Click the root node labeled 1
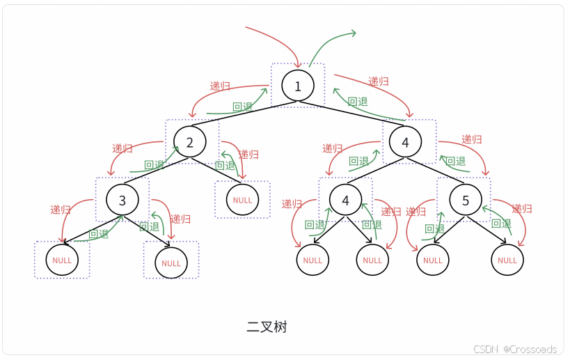coord(298,86)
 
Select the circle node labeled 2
coord(190,141)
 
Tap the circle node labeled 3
coord(122,201)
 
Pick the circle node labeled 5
coord(466,201)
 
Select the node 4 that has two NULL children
coord(346,201)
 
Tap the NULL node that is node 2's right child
coord(243,200)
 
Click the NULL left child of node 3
coord(62,260)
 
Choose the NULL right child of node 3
coord(171,263)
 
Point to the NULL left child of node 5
coord(433,260)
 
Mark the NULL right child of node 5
coord(507,260)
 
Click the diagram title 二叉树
coord(267,327)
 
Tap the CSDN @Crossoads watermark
coord(515,349)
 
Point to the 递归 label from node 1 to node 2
coord(220,86)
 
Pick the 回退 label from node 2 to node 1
coord(242,107)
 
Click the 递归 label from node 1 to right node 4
coord(379,81)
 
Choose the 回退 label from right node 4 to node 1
coord(358,102)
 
